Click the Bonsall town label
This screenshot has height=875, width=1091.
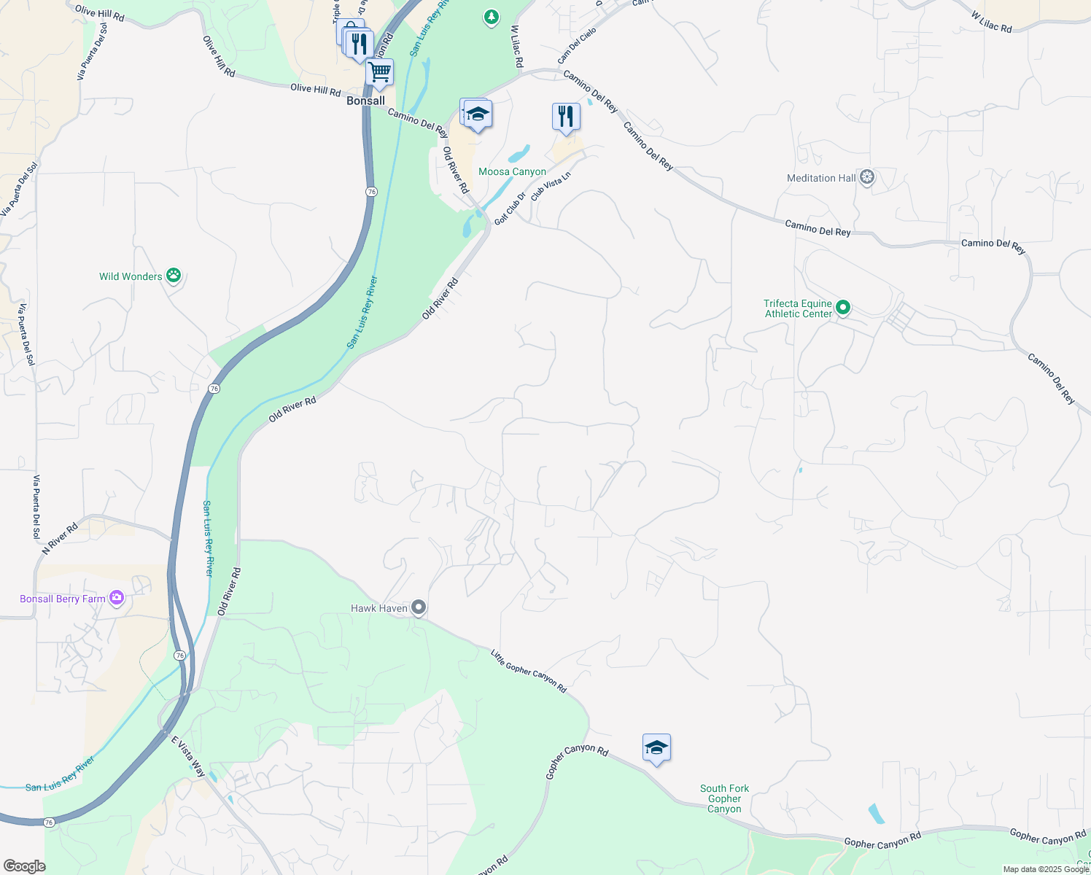point(365,101)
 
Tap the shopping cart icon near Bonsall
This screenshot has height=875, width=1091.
point(379,72)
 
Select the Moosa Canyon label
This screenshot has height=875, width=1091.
point(512,172)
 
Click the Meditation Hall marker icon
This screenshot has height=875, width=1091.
point(867,177)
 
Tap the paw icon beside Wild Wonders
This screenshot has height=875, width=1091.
point(174,276)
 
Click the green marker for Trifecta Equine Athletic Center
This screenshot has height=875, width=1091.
point(843,308)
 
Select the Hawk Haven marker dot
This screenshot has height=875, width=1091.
point(419,607)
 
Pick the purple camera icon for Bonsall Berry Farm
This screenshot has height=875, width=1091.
point(117,598)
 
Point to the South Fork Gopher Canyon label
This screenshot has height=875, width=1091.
point(724,798)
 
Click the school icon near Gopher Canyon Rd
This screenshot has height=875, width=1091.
point(656,748)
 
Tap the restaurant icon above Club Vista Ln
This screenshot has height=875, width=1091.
point(566,116)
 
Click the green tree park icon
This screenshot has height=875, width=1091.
point(492,16)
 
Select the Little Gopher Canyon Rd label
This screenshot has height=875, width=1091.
point(529,671)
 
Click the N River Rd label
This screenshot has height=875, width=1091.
point(60,539)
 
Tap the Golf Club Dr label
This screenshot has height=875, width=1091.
point(510,209)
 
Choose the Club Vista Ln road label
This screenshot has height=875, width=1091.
point(551,187)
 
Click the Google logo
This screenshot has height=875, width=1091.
point(24,866)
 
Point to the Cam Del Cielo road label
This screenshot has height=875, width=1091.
point(577,45)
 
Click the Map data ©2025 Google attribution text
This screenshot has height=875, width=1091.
point(1046,869)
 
